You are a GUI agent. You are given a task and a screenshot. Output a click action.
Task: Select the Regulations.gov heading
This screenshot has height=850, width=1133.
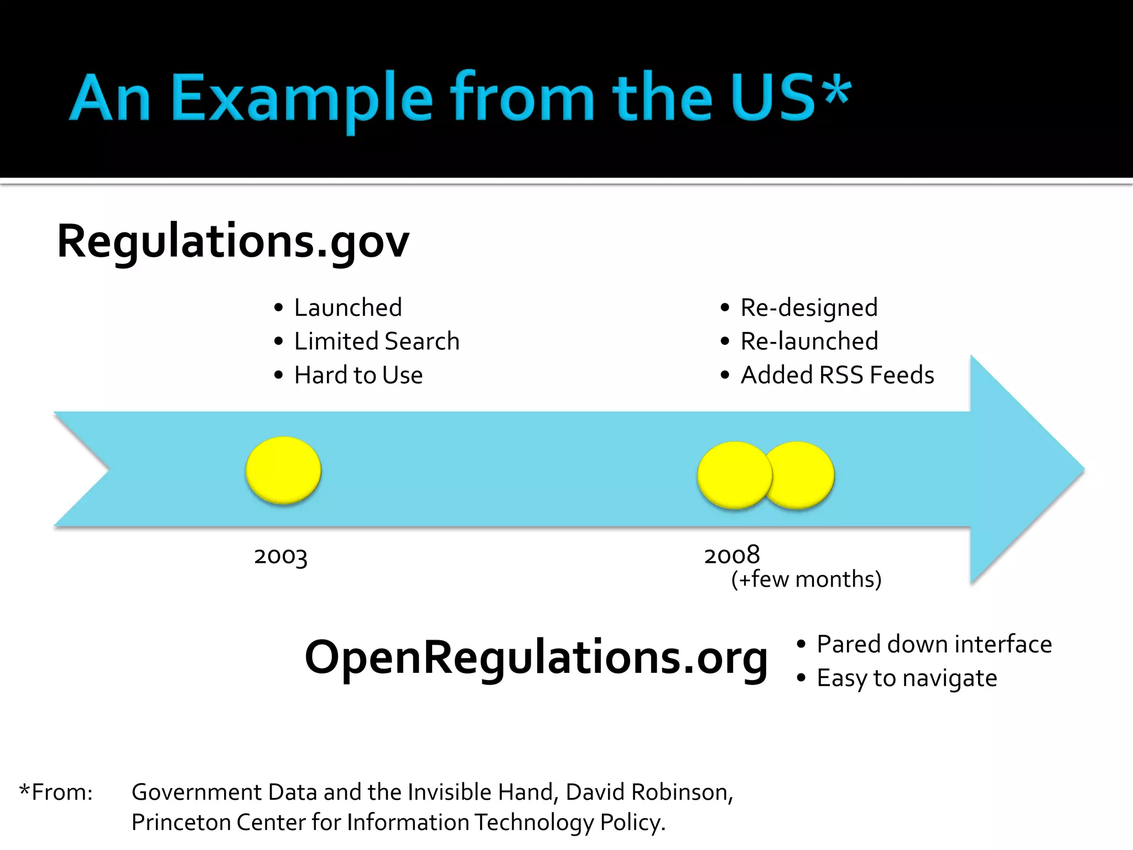[x=233, y=242]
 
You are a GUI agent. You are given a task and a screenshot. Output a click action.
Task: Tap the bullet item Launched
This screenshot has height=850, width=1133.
[x=347, y=308]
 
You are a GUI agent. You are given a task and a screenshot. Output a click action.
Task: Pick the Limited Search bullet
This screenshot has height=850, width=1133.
[x=376, y=341]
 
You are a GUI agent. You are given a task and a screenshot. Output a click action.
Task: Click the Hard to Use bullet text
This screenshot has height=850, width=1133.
[x=358, y=375]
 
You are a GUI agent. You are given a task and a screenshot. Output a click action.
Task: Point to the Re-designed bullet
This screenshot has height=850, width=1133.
[x=808, y=308]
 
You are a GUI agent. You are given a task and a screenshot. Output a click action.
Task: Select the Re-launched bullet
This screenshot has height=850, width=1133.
[x=809, y=341]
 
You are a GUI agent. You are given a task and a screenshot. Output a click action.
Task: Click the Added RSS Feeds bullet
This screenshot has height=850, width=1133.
[x=837, y=375]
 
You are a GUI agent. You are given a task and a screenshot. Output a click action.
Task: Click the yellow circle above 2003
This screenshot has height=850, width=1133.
[x=283, y=470]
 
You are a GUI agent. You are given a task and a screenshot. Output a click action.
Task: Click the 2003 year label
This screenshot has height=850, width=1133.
[x=280, y=556]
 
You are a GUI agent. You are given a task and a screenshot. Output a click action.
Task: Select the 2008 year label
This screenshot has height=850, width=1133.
[x=732, y=555]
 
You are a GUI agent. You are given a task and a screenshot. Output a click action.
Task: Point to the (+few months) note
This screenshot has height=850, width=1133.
[x=806, y=579]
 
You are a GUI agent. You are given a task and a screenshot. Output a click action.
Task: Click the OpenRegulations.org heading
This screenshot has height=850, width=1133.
[x=536, y=657]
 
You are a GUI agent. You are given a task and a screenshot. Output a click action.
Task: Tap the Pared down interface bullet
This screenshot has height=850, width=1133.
[x=934, y=644]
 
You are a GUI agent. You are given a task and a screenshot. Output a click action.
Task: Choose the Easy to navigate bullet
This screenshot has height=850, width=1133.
[x=907, y=678]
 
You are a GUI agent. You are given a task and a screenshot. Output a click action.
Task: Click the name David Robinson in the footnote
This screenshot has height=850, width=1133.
[x=648, y=792]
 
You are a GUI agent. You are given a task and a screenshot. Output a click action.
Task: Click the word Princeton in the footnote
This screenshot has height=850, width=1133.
[x=181, y=822]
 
